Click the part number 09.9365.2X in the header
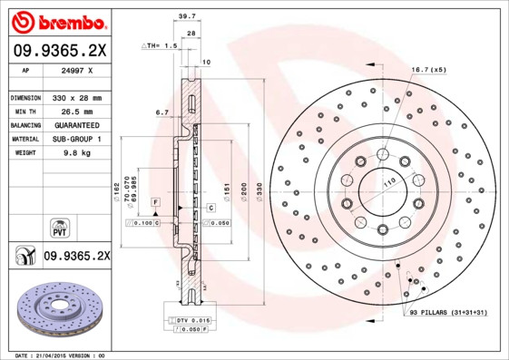coord(58,51)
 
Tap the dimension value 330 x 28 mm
coord(78,97)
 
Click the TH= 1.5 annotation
coord(161,44)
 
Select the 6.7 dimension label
coord(162,112)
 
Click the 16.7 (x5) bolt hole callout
coord(428,69)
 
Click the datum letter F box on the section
coord(156,199)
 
